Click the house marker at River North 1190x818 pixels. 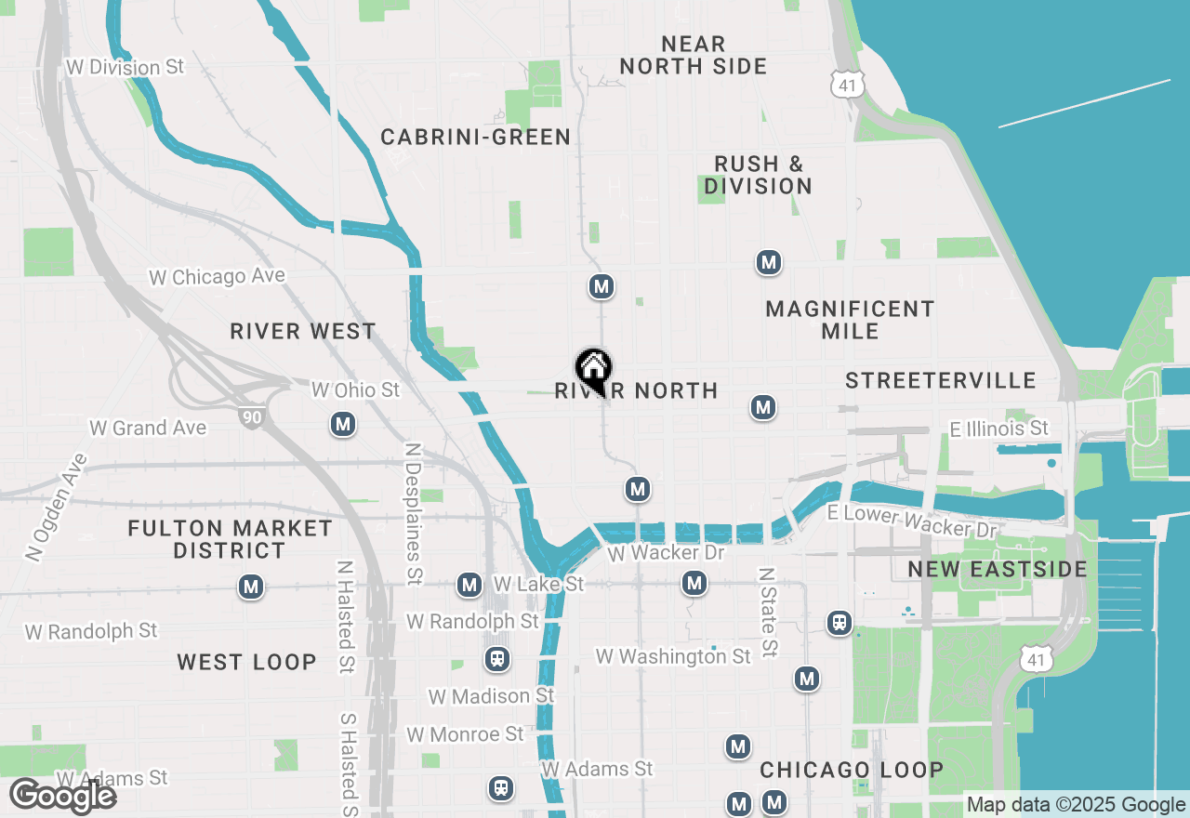click(x=593, y=369)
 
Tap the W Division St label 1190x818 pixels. click(x=126, y=68)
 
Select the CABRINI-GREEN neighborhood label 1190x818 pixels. click(x=476, y=138)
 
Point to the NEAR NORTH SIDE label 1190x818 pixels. click(x=694, y=56)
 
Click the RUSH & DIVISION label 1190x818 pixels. click(x=758, y=175)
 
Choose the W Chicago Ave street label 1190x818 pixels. click(x=218, y=277)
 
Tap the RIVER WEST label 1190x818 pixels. click(x=303, y=332)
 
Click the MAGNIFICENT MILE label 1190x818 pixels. click(x=850, y=320)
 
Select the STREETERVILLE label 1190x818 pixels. click(x=941, y=380)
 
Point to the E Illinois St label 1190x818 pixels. click(x=998, y=429)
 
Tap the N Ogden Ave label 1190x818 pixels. click(x=57, y=508)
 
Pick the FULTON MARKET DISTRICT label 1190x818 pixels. click(x=230, y=539)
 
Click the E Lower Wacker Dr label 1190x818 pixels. click(x=911, y=521)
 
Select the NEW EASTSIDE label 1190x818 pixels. click(x=998, y=569)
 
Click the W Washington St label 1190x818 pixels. click(x=673, y=657)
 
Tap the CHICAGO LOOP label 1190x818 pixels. click(x=852, y=770)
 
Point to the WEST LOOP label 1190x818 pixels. click(x=247, y=662)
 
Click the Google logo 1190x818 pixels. click(x=62, y=796)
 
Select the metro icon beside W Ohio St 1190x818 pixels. click(x=344, y=425)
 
